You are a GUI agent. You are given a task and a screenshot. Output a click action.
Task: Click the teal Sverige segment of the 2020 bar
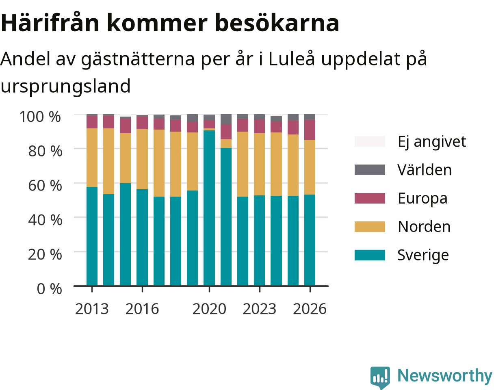tap(209, 208)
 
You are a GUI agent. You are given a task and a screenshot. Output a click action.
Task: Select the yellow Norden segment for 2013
tap(92, 158)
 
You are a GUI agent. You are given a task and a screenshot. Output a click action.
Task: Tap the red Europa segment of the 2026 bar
tap(310, 130)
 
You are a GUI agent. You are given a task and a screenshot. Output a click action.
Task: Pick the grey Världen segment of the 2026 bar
tap(310, 117)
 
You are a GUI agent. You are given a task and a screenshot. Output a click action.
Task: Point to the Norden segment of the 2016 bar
tap(142, 159)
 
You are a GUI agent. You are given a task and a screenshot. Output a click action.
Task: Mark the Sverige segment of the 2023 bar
tap(260, 240)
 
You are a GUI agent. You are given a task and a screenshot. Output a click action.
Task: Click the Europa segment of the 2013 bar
tap(92, 122)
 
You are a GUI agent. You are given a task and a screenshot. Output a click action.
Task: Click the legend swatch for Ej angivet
tap(370, 141)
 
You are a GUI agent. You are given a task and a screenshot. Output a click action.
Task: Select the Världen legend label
tap(425, 170)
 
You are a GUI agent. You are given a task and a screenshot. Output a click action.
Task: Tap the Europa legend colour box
tap(370, 198)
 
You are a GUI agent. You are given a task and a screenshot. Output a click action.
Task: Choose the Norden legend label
tap(424, 227)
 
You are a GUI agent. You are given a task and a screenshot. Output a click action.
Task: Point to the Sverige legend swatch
tap(370, 255)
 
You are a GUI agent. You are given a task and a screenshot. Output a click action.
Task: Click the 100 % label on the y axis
tap(40, 117)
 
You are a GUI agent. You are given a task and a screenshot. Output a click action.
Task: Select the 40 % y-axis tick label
tap(45, 220)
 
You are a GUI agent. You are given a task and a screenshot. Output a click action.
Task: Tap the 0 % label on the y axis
tap(49, 289)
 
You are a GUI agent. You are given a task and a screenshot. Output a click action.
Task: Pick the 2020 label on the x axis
tap(209, 309)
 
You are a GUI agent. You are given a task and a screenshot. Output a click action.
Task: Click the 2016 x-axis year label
tap(142, 309)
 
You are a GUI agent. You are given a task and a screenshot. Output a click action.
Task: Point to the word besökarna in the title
tap(277, 23)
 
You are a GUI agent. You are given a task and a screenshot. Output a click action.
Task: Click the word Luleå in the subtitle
tap(291, 59)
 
